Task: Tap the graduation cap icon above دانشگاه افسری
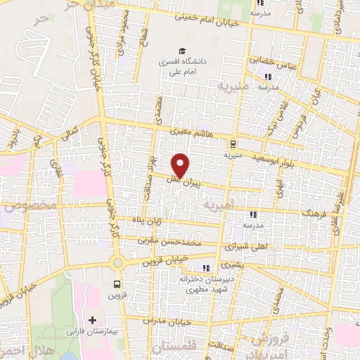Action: click(182, 51)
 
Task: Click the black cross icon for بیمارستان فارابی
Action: click(92, 320)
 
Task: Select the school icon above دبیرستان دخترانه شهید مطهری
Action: click(206, 268)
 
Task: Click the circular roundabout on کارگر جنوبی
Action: click(117, 264)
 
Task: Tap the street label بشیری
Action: click(231, 266)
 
